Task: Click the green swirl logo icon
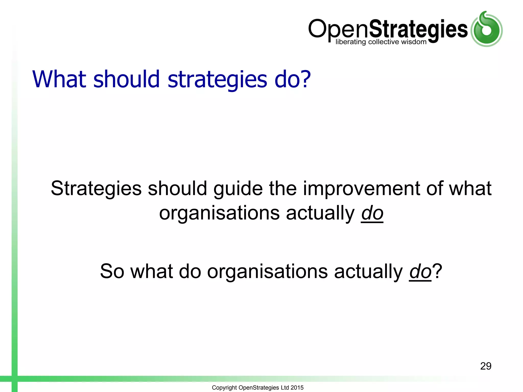486,29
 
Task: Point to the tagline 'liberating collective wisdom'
381,42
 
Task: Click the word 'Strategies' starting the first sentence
96,189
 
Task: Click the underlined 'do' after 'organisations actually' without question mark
372,213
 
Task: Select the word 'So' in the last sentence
112,271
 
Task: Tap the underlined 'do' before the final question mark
420,271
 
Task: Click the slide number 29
485,366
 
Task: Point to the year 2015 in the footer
297,388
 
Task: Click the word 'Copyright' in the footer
224,388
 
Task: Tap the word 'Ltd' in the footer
284,388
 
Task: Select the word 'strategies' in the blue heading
217,80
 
